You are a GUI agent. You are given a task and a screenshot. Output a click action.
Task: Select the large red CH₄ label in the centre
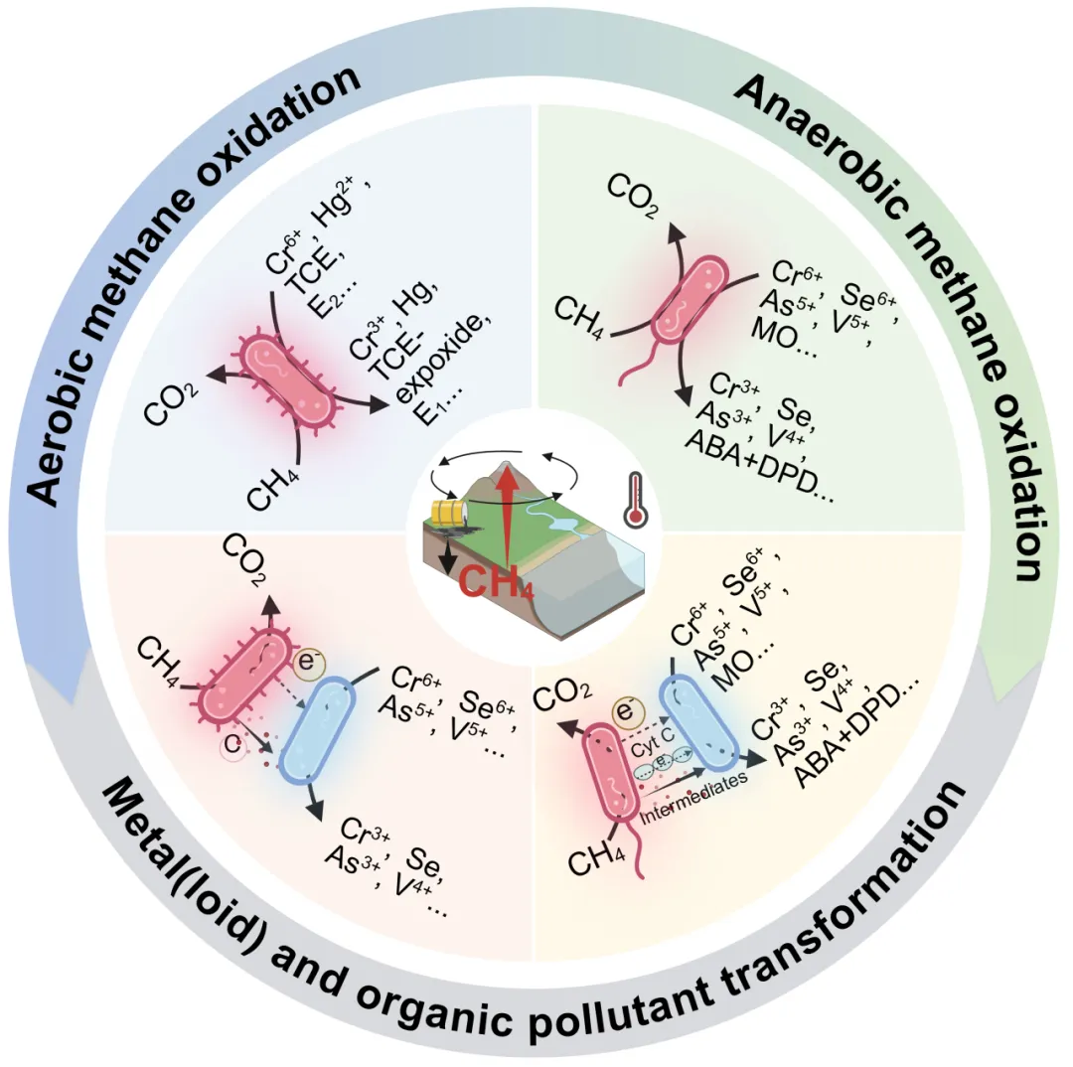click(496, 581)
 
